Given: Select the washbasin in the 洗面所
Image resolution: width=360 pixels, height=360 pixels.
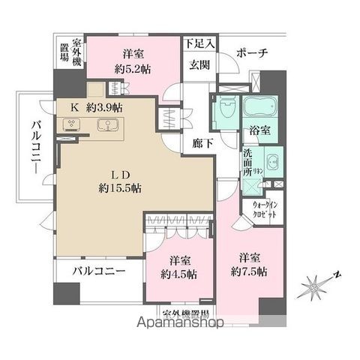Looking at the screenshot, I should point(271,161).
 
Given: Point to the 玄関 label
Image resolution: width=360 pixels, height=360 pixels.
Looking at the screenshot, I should point(199,64).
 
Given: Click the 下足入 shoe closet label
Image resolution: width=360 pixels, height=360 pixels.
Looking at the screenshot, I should point(200,44).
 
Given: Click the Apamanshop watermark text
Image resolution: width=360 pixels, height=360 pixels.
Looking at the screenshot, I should point(180,323).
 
